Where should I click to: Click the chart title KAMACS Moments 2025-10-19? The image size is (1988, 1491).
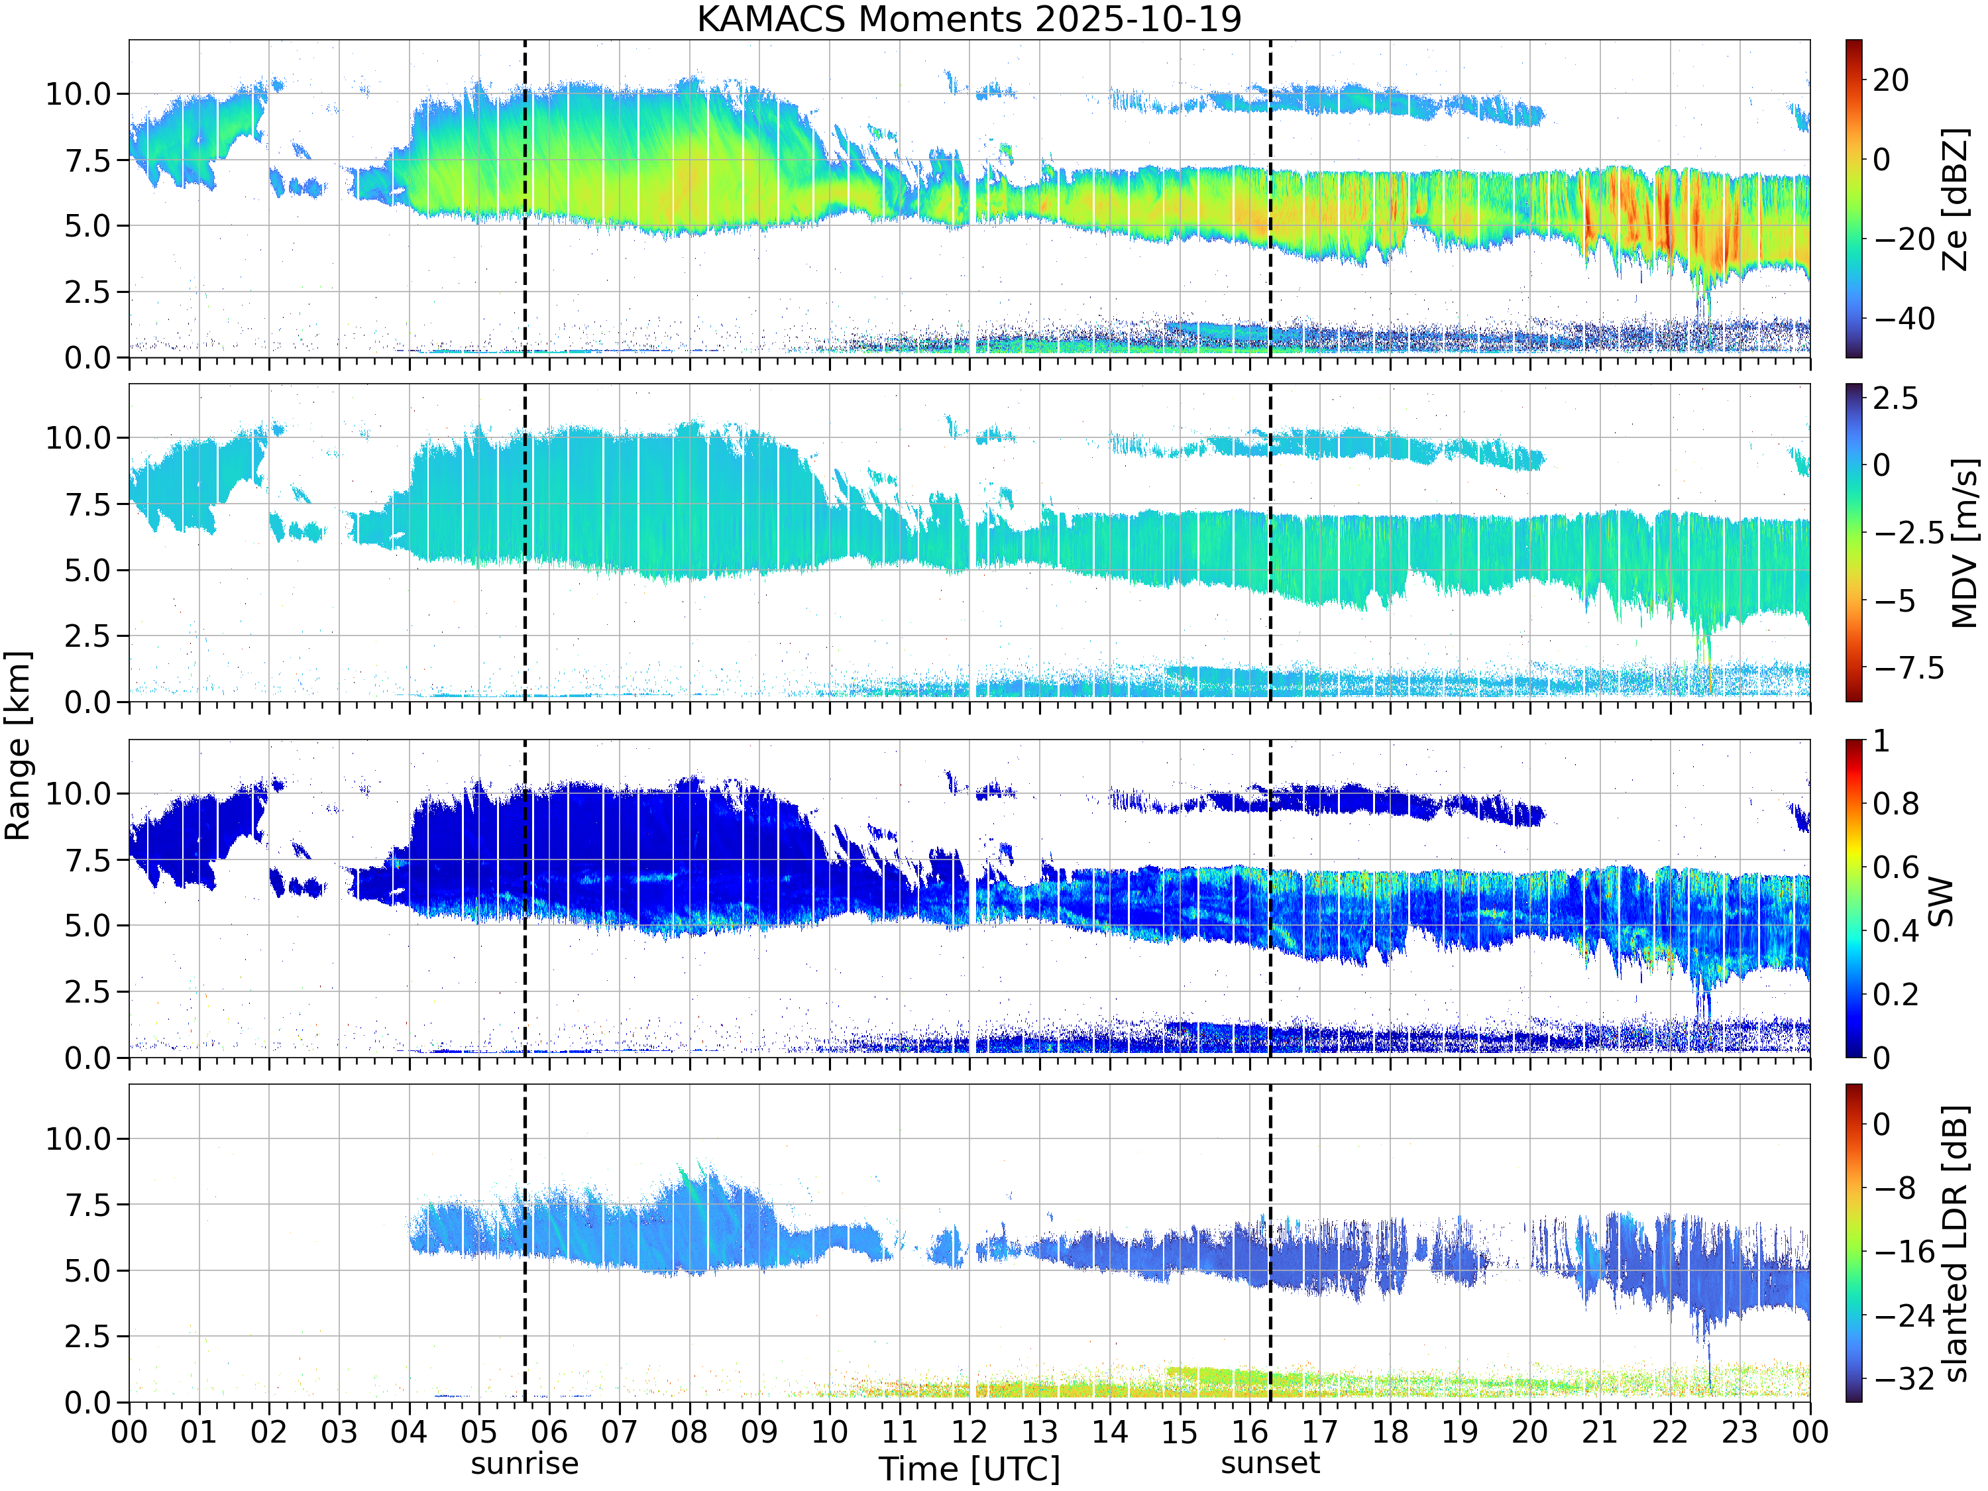point(969,19)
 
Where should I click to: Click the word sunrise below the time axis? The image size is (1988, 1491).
point(525,1463)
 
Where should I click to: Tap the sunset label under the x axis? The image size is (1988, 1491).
point(1270,1463)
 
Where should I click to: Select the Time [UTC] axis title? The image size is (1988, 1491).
point(969,1469)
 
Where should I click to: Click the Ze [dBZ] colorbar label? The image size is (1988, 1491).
point(1956,199)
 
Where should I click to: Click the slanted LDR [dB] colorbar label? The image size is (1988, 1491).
point(1956,1244)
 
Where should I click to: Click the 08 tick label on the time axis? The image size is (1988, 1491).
point(689,1431)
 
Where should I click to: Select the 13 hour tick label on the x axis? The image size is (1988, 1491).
point(1040,1431)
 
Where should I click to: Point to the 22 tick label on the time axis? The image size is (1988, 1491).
point(1670,1431)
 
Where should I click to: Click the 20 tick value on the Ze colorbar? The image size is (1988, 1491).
point(1891,80)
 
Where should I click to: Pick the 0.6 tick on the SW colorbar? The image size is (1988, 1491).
point(1895,867)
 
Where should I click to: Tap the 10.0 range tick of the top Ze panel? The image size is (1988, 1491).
point(78,93)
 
